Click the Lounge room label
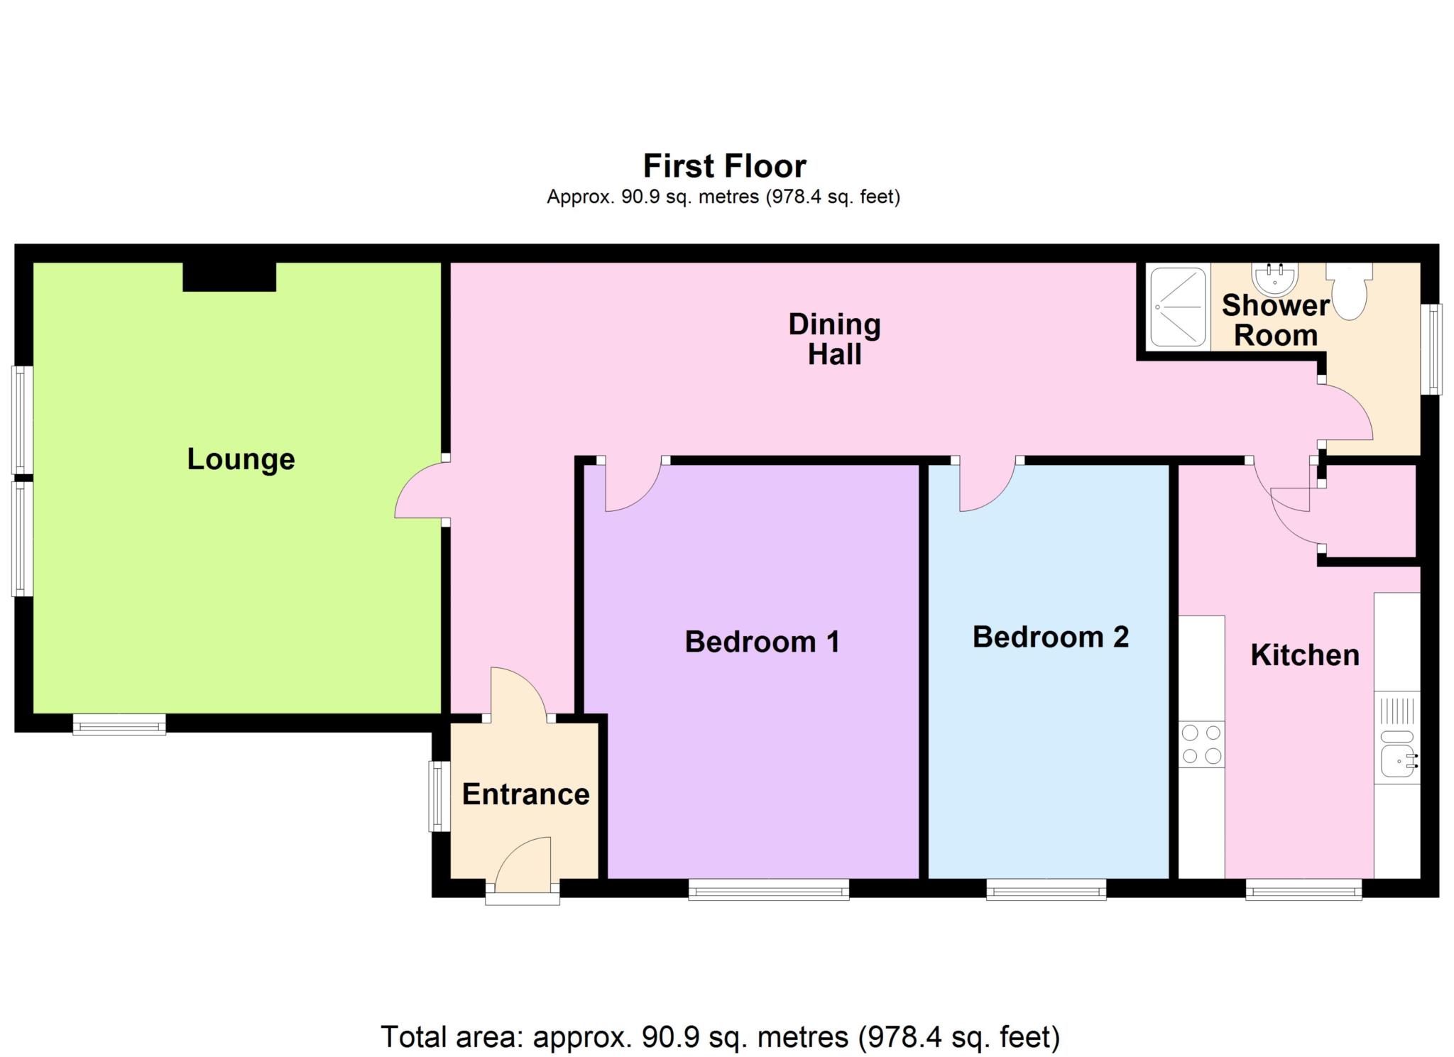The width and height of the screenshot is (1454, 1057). (241, 459)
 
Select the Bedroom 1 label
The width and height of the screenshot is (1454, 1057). (762, 642)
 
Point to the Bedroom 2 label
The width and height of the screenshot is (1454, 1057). (1050, 637)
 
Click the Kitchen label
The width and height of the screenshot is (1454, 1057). (1304, 655)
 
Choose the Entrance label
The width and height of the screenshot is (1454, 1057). (525, 794)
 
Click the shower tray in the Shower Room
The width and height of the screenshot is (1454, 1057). (1177, 307)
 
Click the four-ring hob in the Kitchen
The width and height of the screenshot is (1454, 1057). (1201, 744)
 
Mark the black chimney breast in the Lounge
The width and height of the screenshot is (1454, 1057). (229, 276)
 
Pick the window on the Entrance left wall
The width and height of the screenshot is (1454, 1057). (438, 796)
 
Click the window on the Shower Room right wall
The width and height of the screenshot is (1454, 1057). (1435, 349)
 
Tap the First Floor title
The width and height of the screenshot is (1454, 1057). (724, 166)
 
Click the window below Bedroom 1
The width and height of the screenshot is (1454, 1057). (768, 889)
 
